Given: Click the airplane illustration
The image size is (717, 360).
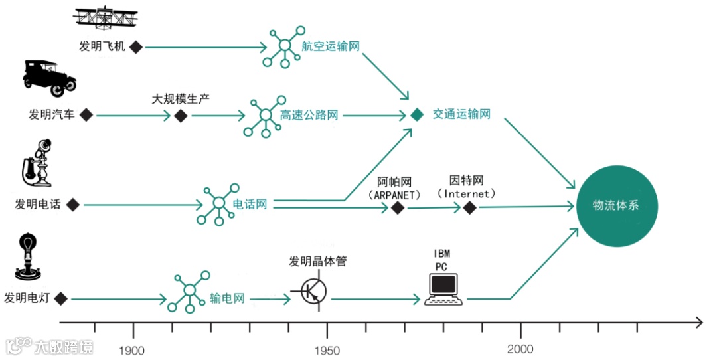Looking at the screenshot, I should pos(106,18).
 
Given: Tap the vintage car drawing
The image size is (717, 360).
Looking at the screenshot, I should pos(49,74).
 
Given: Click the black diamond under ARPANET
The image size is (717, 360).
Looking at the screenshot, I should pos(398,209).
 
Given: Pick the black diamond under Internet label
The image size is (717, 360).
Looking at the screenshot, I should pos(469,208).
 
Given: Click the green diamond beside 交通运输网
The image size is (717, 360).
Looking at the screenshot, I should pos(416,115).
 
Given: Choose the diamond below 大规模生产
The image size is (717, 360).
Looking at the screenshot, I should pos(181,116).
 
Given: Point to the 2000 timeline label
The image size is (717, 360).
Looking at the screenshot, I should pos(520,350).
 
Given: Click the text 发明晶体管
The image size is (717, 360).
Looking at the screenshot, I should pos(318,262).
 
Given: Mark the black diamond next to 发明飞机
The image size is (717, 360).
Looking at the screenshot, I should pos(136,46).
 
